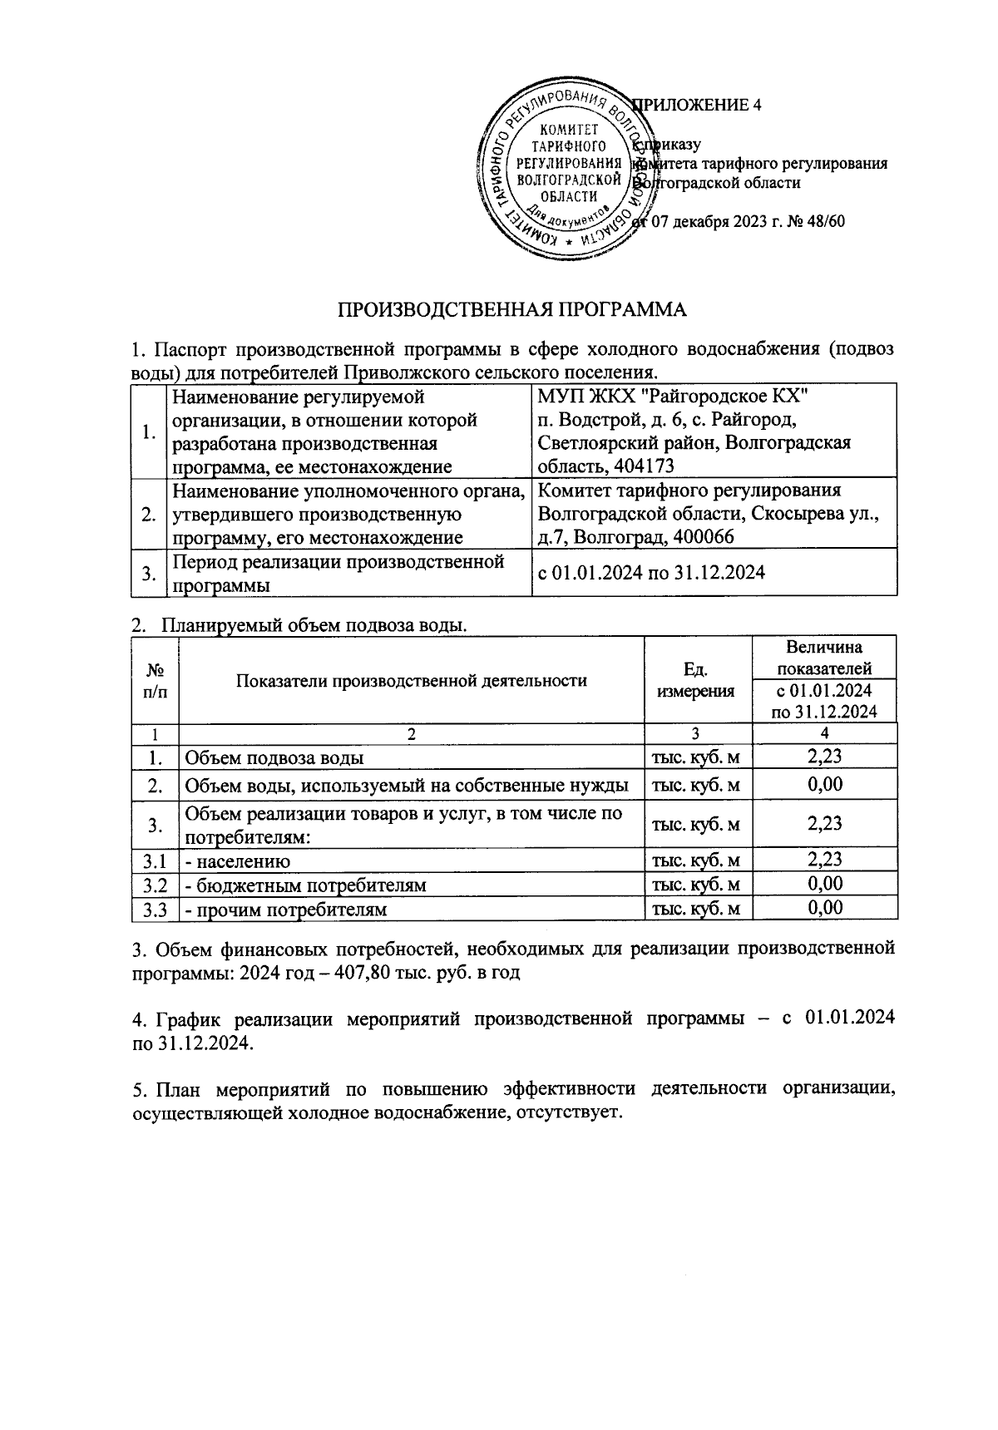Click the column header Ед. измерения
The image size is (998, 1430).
697,680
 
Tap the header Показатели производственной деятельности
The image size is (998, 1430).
412,680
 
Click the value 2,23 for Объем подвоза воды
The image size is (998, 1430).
824,756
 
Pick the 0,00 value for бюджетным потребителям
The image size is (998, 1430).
824,883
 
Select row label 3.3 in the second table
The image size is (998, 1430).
155,909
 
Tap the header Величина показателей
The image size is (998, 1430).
824,658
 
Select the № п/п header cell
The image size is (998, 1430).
155,680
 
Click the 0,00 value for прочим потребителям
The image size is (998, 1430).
824,907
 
